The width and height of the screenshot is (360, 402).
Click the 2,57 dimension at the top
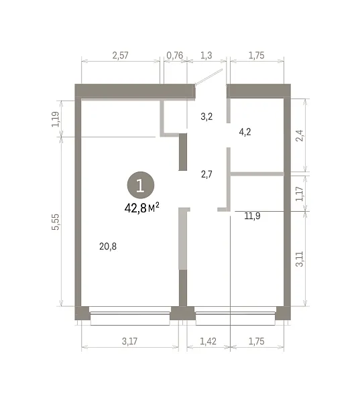120,56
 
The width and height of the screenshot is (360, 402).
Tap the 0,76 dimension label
175,56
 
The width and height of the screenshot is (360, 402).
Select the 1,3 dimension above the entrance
206,56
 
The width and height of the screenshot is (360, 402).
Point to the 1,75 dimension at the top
256,56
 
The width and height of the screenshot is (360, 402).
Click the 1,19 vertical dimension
56,119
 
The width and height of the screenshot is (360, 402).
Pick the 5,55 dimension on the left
56,222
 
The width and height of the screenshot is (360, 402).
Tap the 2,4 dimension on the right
299,135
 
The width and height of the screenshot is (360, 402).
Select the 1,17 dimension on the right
299,194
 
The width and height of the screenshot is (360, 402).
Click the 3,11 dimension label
299,259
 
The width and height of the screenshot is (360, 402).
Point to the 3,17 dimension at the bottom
129,341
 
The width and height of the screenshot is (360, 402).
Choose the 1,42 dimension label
208,341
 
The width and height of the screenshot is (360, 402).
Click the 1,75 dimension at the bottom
256,341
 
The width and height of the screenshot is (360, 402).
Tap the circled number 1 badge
141,185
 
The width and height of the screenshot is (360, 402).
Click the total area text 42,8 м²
141,208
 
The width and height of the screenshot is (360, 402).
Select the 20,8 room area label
108,247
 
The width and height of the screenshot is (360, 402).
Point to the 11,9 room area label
252,216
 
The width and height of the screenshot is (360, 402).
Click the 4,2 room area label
245,132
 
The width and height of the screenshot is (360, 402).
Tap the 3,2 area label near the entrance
206,117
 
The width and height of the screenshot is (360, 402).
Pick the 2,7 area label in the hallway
206,175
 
